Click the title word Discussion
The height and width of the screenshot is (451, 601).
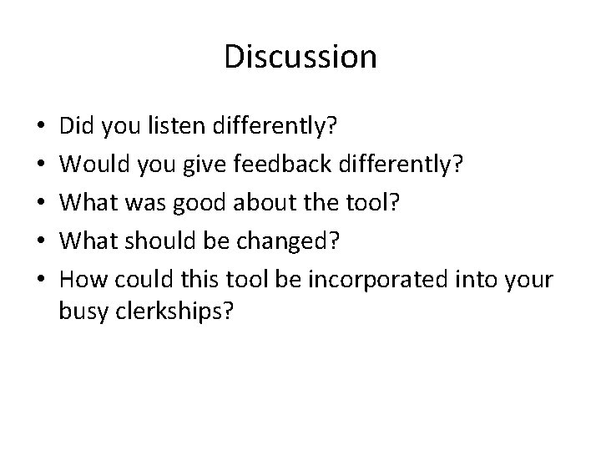300,57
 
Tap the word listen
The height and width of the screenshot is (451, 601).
184,128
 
